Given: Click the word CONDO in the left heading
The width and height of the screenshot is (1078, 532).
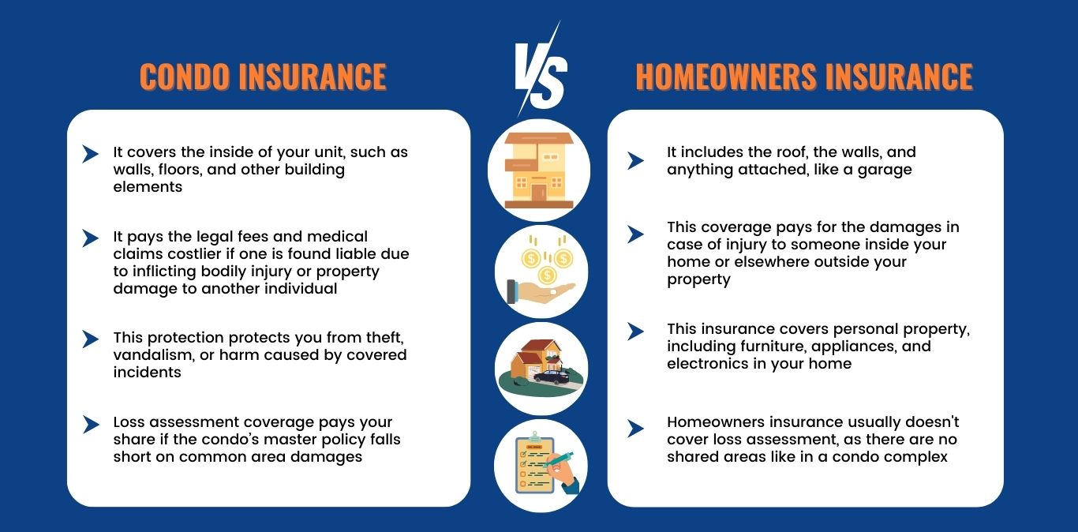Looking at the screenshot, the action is pyautogui.click(x=185, y=77).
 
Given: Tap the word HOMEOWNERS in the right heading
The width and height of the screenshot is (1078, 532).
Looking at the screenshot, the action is pyautogui.click(x=726, y=77).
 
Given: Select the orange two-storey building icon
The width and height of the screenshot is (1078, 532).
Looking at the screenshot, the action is pyautogui.click(x=539, y=170).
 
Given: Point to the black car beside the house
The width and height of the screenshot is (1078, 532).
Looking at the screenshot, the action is pyautogui.click(x=552, y=377).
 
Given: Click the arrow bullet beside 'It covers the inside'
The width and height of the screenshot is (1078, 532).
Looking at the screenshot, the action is pyautogui.click(x=90, y=154).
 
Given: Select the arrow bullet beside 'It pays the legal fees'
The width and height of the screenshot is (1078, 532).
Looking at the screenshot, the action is pyautogui.click(x=90, y=238).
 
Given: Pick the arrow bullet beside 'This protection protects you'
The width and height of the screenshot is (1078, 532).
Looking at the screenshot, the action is pyautogui.click(x=90, y=339).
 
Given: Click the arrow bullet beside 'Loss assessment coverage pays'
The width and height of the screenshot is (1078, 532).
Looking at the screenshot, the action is pyautogui.click(x=90, y=424).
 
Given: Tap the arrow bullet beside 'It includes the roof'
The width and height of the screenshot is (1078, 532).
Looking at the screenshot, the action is pyautogui.click(x=635, y=160).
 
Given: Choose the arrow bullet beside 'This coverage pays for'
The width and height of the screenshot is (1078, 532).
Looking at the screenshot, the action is pyautogui.click(x=635, y=234).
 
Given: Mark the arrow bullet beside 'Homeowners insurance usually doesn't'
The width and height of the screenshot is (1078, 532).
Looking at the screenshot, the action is pyautogui.click(x=635, y=428).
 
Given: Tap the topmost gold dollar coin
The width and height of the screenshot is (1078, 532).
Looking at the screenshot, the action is pyautogui.click(x=531, y=259).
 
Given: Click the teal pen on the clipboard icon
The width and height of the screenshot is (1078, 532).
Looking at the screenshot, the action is pyautogui.click(x=558, y=459).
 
